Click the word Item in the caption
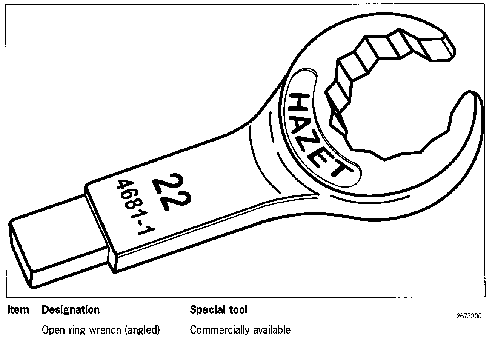pyautogui.click(x=18, y=310)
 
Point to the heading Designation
pyautogui.click(x=71, y=310)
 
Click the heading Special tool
pyautogui.click(x=219, y=310)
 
